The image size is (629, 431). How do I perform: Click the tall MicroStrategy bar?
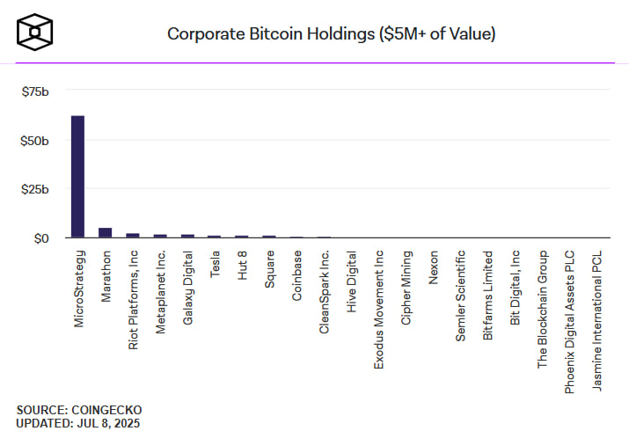77,176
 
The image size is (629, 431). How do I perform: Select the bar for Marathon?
105,232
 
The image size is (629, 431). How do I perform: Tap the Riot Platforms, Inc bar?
133,235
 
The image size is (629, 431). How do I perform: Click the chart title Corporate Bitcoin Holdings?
331,34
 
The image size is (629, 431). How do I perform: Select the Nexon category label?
434,266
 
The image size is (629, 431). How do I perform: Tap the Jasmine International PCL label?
597,321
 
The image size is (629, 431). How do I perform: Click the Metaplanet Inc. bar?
160,236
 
